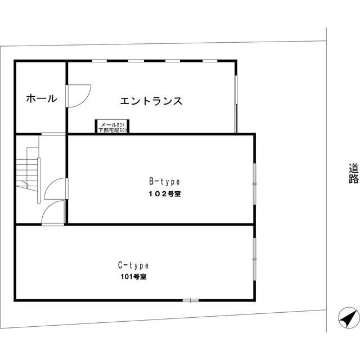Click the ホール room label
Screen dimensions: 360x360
click(41, 99)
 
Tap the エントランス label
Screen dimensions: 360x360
click(151, 101)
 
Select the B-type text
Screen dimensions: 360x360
click(164, 182)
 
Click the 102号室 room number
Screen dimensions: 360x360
click(164, 193)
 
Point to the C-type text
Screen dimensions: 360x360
click(133, 265)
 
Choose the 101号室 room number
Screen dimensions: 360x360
click(133, 277)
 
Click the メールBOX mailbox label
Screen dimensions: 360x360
click(113, 124)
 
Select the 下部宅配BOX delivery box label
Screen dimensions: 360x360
click(113, 130)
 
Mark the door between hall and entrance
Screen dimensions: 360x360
click(67, 95)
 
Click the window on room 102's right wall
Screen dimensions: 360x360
click(254, 182)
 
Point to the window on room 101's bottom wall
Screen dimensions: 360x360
click(191, 300)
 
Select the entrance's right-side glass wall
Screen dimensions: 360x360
click(235, 102)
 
